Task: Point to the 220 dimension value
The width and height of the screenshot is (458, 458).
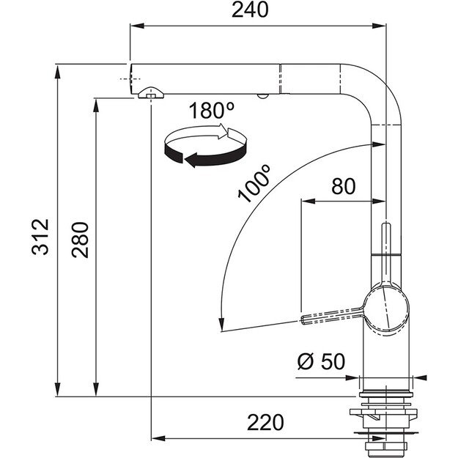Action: point(265,422)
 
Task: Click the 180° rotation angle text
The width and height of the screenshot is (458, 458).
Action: point(210,111)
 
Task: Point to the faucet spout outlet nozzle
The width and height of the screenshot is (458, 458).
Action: point(149,93)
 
